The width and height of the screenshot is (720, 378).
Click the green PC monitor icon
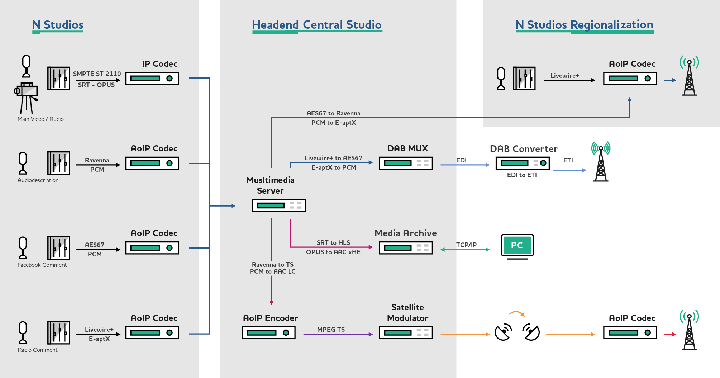click(x=517, y=246)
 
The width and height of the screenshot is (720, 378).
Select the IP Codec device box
click(x=152, y=79)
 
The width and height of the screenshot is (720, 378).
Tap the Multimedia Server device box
click(x=279, y=205)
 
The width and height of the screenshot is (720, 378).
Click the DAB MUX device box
click(x=406, y=163)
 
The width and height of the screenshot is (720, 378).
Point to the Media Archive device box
click(x=406, y=248)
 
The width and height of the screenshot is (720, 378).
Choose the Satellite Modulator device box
click(x=406, y=333)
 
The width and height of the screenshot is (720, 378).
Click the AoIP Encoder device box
click(x=268, y=333)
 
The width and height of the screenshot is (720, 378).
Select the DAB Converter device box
click(x=523, y=163)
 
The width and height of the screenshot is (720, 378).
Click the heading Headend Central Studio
click(x=317, y=25)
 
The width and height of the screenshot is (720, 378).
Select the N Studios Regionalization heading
click(x=584, y=25)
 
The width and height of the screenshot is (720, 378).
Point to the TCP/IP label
click(x=466, y=245)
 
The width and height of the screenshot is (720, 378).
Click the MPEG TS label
click(x=331, y=330)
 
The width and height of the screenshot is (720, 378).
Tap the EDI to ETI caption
click(x=522, y=175)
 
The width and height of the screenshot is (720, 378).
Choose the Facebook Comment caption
click(x=42, y=265)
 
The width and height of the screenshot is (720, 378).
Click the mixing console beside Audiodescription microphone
click(x=58, y=163)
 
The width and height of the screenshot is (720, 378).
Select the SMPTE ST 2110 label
click(x=97, y=74)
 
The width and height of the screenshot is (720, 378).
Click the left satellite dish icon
click(x=503, y=332)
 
